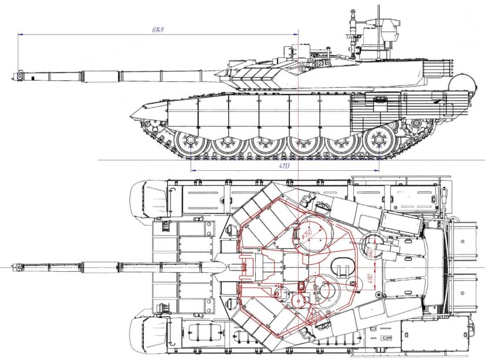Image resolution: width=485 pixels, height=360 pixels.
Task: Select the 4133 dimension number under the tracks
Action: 283,166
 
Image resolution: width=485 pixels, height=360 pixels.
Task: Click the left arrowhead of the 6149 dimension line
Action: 20,34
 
